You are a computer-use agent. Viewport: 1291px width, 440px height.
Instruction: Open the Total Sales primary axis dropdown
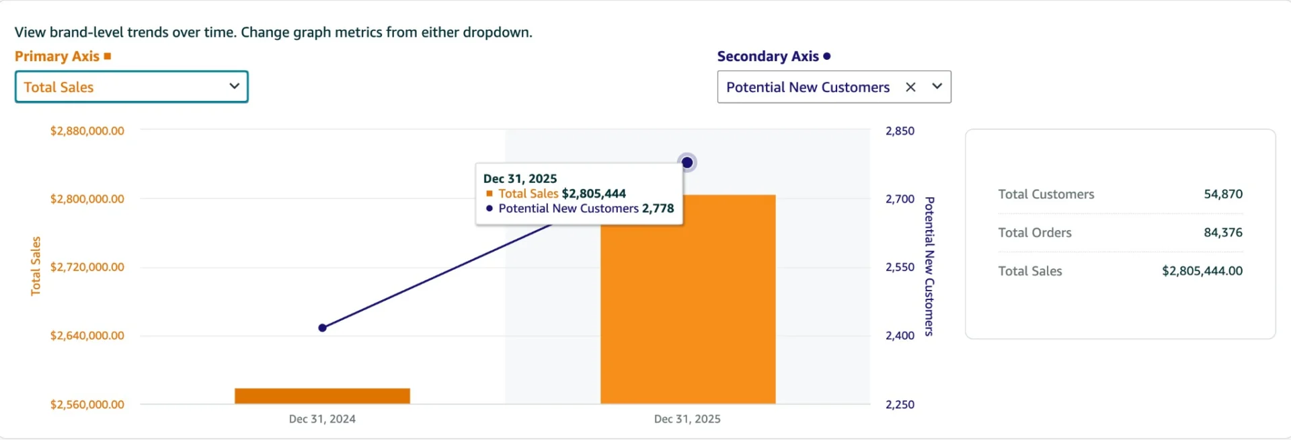tap(132, 87)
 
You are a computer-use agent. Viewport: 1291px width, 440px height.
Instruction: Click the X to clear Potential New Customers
tap(910, 87)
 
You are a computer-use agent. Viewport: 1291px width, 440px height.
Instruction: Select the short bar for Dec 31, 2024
tap(322, 396)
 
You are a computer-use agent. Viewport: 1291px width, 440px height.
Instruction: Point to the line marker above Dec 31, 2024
tap(323, 328)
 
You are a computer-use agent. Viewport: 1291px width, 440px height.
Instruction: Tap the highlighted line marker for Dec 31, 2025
tap(687, 163)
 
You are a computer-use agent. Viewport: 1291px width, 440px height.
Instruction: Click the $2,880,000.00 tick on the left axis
tap(87, 131)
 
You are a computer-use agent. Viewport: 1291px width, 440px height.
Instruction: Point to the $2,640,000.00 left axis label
tap(87, 335)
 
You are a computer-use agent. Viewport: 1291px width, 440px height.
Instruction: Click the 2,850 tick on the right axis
tap(900, 131)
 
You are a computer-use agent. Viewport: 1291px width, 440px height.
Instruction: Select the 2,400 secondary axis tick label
tap(900, 335)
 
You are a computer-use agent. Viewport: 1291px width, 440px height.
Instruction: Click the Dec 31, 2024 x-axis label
tap(322, 418)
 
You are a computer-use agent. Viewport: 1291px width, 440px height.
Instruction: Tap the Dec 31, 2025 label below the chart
tap(687, 418)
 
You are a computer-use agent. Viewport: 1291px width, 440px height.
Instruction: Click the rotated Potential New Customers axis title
tap(929, 266)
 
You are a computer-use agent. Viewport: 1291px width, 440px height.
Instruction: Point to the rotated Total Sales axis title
tap(36, 266)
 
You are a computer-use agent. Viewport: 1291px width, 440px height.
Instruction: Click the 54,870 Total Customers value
tap(1222, 194)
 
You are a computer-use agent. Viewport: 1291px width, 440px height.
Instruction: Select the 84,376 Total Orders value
tap(1222, 232)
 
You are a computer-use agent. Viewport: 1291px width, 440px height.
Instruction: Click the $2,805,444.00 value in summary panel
tap(1202, 270)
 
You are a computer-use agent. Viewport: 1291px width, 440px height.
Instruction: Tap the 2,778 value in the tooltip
tap(658, 209)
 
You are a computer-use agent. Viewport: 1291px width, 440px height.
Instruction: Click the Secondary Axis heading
tap(768, 57)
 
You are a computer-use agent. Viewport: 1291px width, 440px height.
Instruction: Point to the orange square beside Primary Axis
tap(108, 57)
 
